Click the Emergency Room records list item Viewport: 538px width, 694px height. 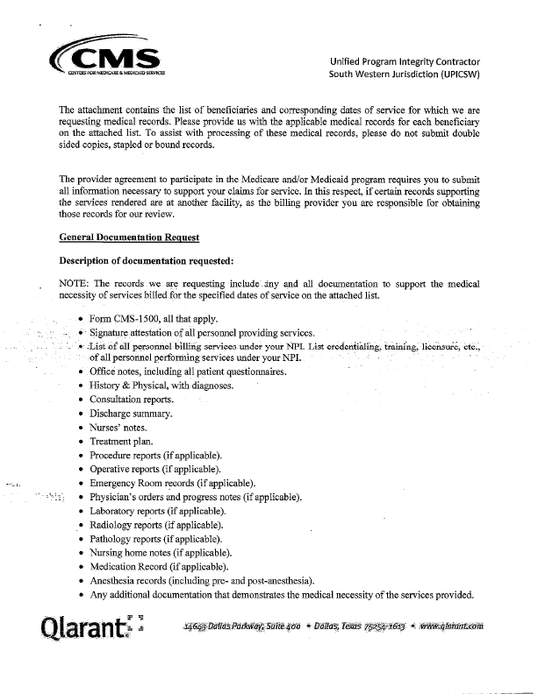pyautogui.click(x=172, y=483)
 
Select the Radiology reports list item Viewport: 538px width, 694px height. pyautogui.click(x=155, y=525)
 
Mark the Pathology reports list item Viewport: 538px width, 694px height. pyautogui.click(x=155, y=539)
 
